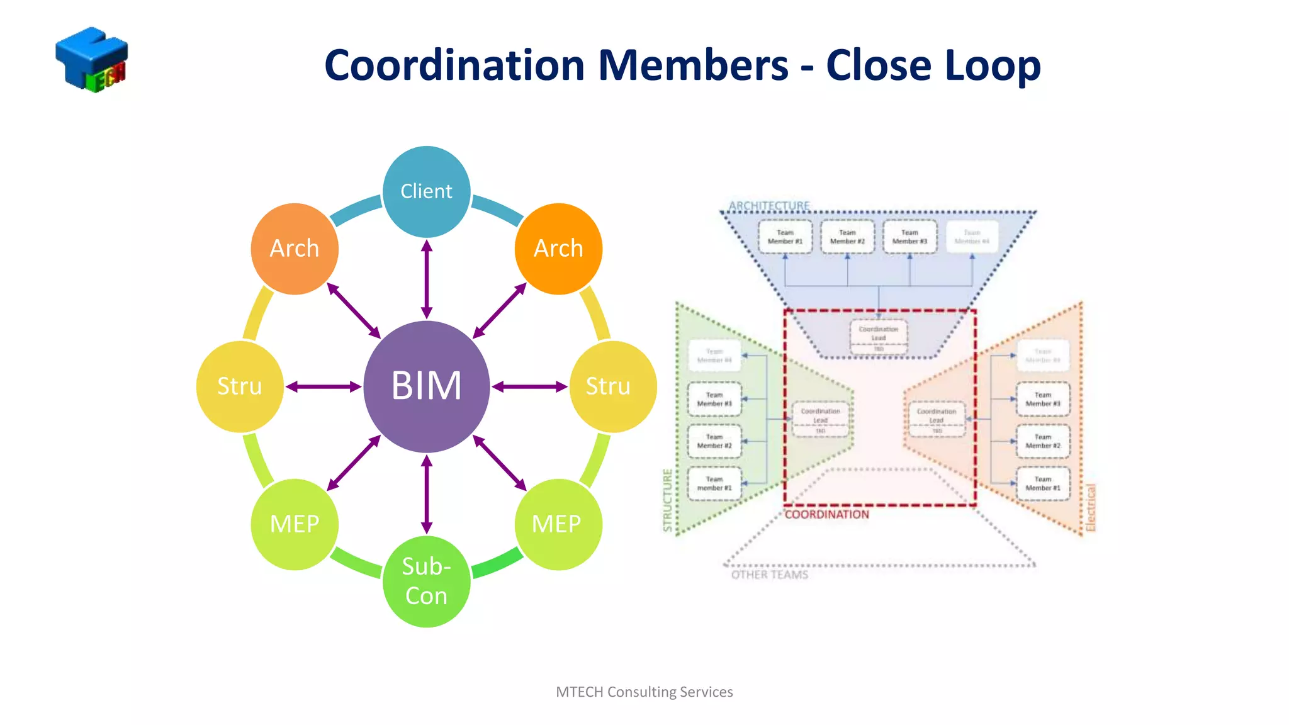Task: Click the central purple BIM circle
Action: pyautogui.click(x=427, y=386)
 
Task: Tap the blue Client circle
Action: pyautogui.click(x=427, y=191)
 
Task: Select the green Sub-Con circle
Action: pyautogui.click(x=427, y=581)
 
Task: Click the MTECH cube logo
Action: pyautogui.click(x=92, y=60)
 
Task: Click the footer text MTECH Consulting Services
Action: pyautogui.click(x=644, y=692)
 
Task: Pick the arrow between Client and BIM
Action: pyautogui.click(x=427, y=279)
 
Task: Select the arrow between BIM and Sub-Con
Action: pyautogui.click(x=427, y=494)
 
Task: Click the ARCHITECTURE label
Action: pyautogui.click(x=769, y=206)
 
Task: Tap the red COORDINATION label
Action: pyautogui.click(x=826, y=515)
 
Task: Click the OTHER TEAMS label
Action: pyautogui.click(x=769, y=575)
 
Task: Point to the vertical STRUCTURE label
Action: pyautogui.click(x=668, y=500)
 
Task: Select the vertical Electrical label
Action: pyautogui.click(x=1091, y=507)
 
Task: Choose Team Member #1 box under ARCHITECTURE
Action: pyautogui.click(x=785, y=237)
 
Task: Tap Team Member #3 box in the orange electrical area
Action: pyautogui.click(x=1043, y=400)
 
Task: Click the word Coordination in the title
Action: pyautogui.click(x=454, y=65)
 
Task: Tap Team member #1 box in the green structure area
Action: pyautogui.click(x=714, y=483)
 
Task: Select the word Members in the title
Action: pyautogui.click(x=692, y=65)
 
